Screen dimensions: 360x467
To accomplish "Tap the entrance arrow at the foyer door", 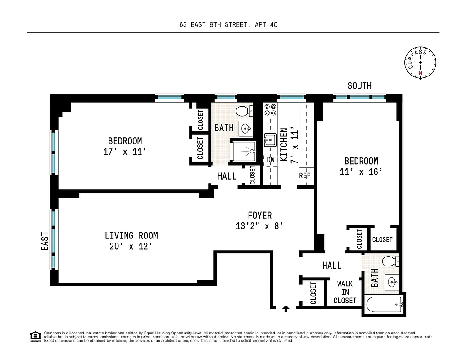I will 286,308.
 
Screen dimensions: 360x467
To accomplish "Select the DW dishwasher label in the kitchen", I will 270,160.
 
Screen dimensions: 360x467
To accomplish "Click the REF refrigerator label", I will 305,175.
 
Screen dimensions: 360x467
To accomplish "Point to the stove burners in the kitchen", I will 270,110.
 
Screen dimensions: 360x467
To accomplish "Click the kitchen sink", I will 270,140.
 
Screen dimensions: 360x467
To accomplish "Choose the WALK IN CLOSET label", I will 345,292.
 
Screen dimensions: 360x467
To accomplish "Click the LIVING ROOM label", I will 131,236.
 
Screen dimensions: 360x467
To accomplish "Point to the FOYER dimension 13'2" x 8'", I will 259,226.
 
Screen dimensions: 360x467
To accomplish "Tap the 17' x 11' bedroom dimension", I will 125,152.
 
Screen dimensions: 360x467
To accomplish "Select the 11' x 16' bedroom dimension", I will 361,171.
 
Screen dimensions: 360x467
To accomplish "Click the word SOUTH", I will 359,85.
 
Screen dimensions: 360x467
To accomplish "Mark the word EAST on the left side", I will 45,241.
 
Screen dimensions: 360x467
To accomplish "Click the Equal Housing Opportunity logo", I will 35,336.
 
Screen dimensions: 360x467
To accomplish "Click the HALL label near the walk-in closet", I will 331,266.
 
